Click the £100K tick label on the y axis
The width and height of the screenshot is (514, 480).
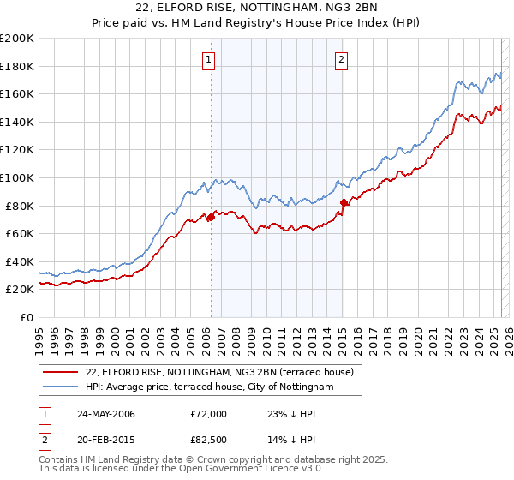(x=17, y=177)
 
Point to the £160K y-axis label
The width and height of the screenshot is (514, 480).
(x=17, y=93)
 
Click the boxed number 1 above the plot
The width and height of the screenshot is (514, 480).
(x=209, y=60)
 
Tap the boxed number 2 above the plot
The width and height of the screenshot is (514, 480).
(x=341, y=60)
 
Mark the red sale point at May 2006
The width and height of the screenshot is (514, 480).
(x=211, y=217)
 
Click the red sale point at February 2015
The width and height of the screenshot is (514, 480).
(x=344, y=202)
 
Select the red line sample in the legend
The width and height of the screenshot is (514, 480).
(x=62, y=372)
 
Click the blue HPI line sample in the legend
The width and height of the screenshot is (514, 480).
(x=62, y=387)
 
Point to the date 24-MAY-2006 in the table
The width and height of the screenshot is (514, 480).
(x=107, y=414)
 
